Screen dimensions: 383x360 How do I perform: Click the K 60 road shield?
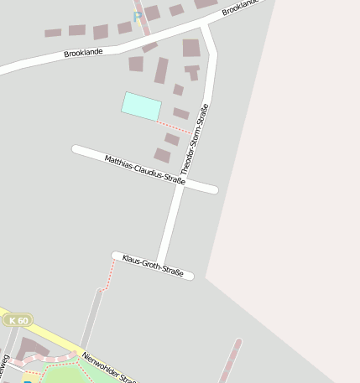[x=18, y=320]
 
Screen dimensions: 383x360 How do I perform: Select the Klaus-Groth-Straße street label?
[x=153, y=265]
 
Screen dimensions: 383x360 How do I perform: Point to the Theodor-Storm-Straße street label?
[x=195, y=139]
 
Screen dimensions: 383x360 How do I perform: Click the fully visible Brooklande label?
[x=84, y=52]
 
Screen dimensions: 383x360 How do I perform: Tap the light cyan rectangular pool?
[x=141, y=106]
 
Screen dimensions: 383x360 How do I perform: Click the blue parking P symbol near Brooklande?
[x=138, y=17]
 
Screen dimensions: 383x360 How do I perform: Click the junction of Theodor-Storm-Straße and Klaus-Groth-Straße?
[x=159, y=266]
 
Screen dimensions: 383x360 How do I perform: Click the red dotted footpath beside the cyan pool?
[x=175, y=127]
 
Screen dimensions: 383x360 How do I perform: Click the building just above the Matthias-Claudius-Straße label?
[x=162, y=155]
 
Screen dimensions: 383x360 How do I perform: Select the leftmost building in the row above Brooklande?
[x=53, y=34]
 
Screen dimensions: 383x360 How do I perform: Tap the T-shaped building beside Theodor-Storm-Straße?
[x=193, y=70]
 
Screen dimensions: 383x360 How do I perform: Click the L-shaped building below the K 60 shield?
[x=31, y=348]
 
